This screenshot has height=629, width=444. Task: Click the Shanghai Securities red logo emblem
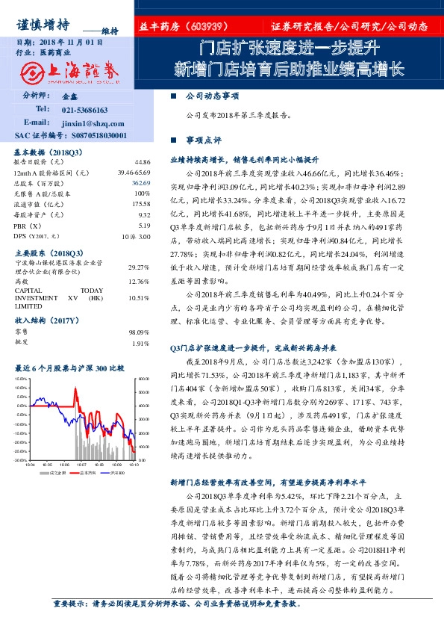point(34,72)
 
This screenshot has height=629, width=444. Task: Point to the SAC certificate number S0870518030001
point(97,135)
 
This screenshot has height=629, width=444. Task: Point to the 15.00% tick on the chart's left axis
point(20,379)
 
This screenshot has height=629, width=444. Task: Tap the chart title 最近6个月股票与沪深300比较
point(69,368)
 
